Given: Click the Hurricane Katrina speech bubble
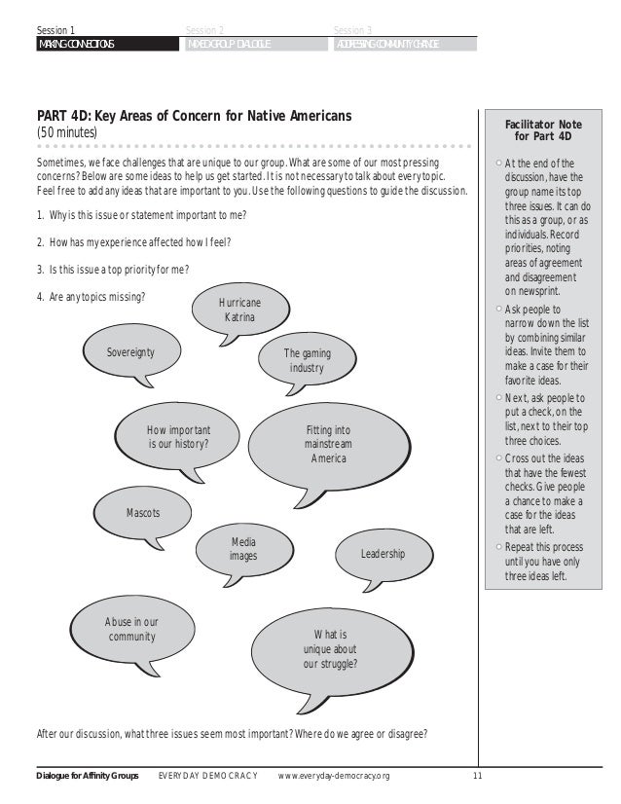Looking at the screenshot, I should coord(239,311).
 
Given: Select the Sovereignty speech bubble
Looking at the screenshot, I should coord(130,352).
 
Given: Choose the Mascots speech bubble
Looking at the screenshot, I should coord(142,512).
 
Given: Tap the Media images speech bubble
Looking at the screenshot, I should coord(242,549).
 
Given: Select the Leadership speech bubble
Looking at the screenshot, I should coord(383,554).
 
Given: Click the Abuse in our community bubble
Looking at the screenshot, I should coord(130,630).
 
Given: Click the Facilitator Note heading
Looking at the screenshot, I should coord(543,131).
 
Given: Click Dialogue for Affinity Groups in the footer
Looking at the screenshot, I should coord(89,776).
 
